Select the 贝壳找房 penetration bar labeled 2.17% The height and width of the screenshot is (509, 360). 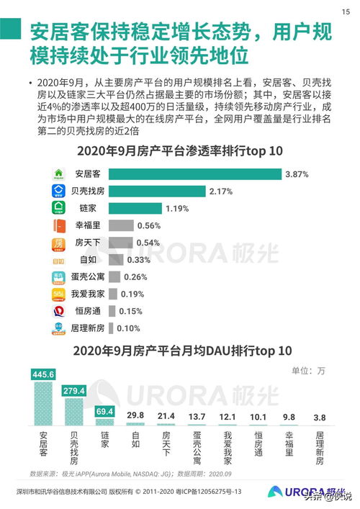coord(159,191)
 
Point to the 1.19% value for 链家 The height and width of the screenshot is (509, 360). coord(176,208)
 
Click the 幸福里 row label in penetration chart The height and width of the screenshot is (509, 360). coord(89,225)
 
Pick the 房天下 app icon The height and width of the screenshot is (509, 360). coord(59,243)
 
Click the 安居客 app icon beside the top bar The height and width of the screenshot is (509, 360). coord(59,174)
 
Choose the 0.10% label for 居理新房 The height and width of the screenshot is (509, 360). coord(128,328)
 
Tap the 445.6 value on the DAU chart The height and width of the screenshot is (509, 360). coord(44,374)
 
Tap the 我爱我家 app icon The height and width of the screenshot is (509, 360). coord(59,294)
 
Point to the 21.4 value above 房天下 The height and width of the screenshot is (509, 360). coord(166,416)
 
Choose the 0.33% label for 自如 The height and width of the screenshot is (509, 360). coord(138,260)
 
